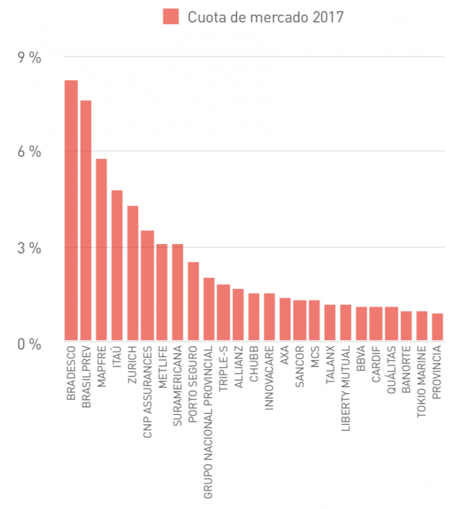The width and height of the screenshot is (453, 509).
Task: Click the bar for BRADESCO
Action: coord(71,210)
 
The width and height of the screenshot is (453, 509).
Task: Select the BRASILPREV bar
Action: coord(87,221)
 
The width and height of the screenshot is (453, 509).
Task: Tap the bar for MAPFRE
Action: coord(102,250)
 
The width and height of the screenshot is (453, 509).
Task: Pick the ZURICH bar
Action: coord(133,273)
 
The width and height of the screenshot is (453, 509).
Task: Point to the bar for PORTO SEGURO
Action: coord(193,301)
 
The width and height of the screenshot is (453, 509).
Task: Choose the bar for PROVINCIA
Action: coord(437,327)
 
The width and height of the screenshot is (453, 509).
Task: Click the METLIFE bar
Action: coord(162,292)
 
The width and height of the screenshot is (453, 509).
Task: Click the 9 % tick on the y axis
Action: coord(29,57)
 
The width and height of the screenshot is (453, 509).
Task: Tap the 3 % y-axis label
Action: coord(29,248)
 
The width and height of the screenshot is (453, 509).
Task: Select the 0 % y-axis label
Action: coord(29,343)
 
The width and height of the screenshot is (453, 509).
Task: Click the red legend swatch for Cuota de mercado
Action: coord(171,16)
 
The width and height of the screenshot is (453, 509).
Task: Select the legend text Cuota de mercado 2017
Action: coord(266,17)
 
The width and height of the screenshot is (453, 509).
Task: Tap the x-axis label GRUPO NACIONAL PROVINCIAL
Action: coord(210,422)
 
